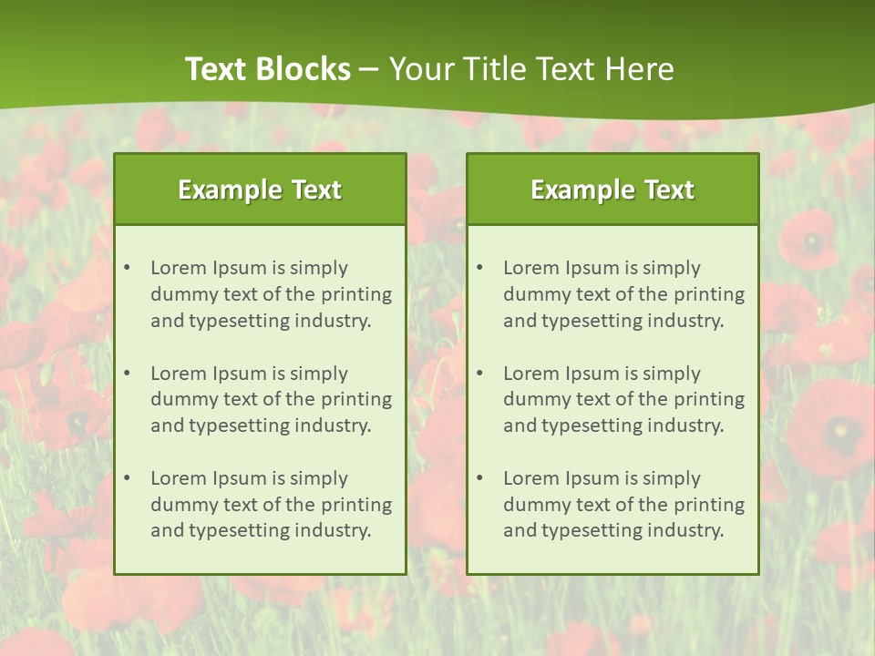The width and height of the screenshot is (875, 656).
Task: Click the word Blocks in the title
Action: (303, 69)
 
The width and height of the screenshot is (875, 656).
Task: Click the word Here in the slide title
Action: (642, 69)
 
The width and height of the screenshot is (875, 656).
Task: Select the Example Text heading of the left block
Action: (260, 190)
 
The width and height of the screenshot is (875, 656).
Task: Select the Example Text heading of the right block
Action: (612, 190)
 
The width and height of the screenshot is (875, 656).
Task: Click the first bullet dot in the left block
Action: (127, 268)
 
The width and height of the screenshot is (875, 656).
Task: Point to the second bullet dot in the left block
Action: (127, 374)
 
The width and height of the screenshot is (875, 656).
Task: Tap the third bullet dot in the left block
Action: (127, 478)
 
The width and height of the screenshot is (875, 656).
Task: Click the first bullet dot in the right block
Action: (479, 268)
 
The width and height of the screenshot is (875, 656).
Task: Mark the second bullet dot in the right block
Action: (479, 374)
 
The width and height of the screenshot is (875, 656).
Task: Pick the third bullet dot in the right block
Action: (479, 478)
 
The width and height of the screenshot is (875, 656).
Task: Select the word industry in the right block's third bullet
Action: (686, 531)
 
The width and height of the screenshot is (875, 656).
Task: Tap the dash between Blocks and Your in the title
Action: (370, 69)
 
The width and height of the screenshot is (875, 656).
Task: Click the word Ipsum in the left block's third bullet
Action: (239, 478)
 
